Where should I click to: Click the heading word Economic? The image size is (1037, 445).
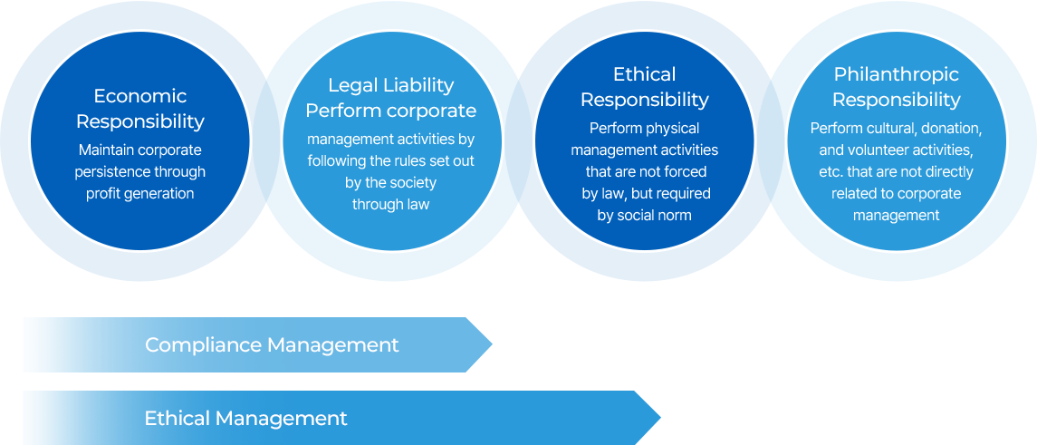tap(140, 97)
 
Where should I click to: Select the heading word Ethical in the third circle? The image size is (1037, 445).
tap(644, 73)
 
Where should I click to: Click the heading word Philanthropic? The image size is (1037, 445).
tap(896, 74)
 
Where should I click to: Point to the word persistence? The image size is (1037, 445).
tap(106, 172)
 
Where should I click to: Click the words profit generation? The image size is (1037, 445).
tap(140, 194)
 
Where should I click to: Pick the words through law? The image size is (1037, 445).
tap(391, 205)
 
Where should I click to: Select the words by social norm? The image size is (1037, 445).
tap(644, 215)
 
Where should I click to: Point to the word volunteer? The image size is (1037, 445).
tap(870, 150)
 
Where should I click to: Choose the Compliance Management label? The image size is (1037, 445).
tap(272, 345)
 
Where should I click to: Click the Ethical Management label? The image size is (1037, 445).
tap(246, 419)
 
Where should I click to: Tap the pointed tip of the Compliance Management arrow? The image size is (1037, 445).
tap(492, 344)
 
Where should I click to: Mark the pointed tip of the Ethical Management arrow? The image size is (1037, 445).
tap(660, 418)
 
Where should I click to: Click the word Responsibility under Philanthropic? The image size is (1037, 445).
tap(896, 100)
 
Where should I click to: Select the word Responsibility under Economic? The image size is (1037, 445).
tap(140, 121)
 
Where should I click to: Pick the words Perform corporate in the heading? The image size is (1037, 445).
tap(391, 111)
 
